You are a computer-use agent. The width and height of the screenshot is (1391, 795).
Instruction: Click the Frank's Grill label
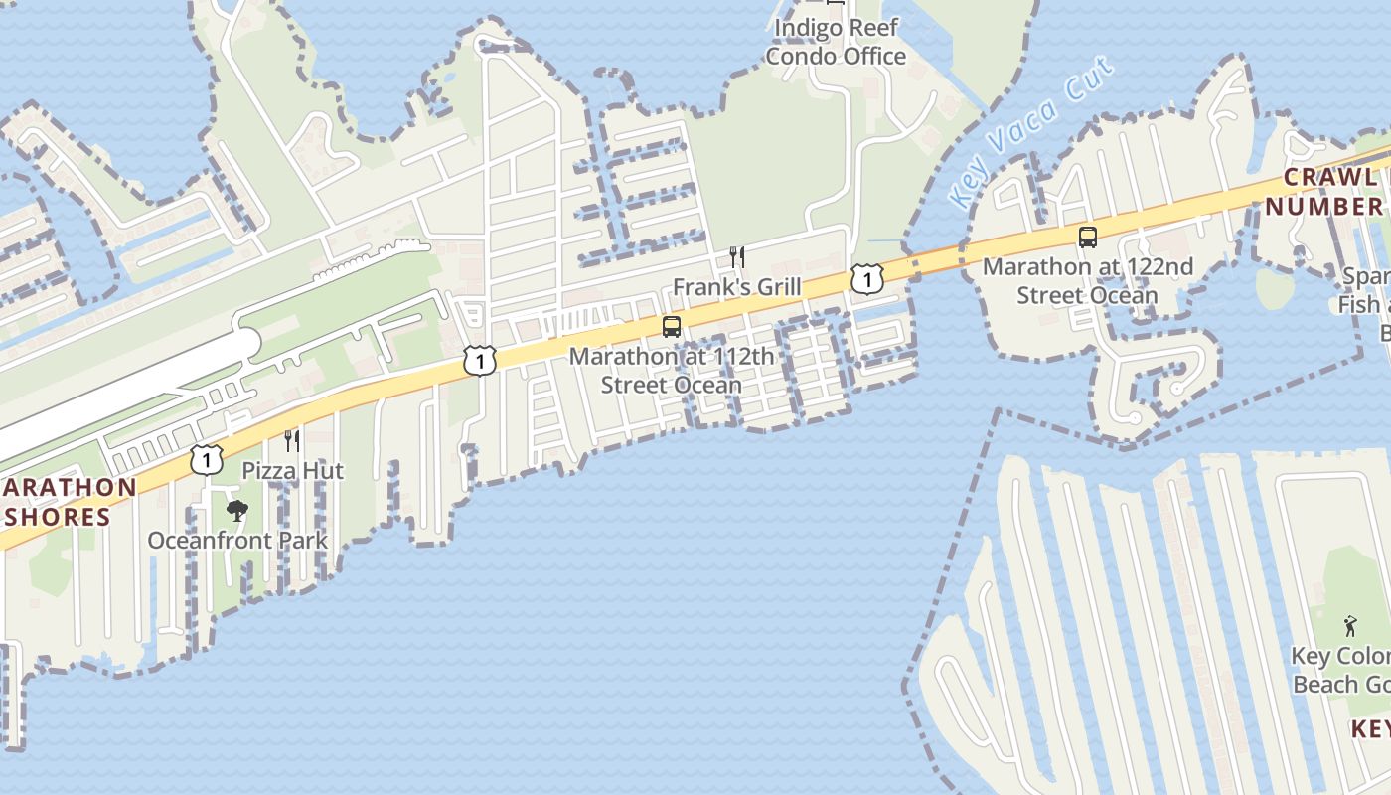736,287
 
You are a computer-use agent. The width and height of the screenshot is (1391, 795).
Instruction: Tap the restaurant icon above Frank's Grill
736,257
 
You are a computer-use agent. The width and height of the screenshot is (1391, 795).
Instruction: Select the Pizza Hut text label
293,470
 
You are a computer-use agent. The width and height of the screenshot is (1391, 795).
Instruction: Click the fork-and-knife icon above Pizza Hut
291,440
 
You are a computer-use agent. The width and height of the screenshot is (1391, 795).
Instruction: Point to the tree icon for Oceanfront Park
236,512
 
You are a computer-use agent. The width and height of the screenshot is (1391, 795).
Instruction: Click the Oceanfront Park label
237,541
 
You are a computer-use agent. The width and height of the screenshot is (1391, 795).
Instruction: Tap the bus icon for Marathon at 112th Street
672,327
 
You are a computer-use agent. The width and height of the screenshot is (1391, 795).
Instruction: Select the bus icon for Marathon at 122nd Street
1088,238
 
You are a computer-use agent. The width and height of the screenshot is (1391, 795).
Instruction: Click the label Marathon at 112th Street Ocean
671,370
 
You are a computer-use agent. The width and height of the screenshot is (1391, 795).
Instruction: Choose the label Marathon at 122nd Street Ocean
1088,281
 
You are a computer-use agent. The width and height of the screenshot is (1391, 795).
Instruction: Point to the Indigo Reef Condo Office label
836,42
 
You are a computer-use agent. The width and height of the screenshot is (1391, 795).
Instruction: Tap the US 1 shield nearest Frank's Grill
867,279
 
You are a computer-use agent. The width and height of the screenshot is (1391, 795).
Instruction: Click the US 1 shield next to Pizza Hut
206,459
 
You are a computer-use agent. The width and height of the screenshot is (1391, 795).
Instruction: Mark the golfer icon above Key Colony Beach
1349,626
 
